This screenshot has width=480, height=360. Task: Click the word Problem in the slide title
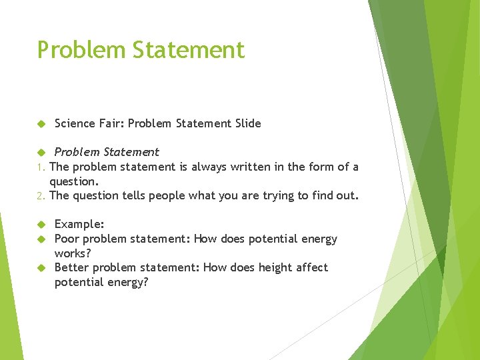pos(72,51)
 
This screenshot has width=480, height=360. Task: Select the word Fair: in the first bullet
pos(111,123)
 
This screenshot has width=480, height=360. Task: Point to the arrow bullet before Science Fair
pos(40,124)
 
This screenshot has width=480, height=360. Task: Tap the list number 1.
pos(40,167)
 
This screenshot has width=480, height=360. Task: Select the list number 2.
pos(40,196)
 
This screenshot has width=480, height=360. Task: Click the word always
pos(208,167)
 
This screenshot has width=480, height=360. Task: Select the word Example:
pos(79,225)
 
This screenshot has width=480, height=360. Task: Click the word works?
pos(73,253)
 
